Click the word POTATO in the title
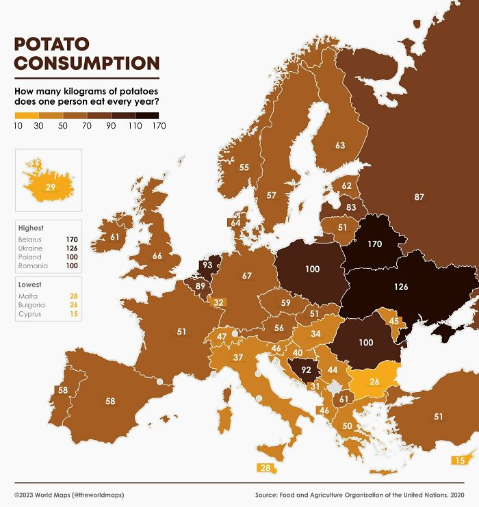(x=52, y=44)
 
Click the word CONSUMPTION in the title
(x=87, y=64)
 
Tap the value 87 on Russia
(x=419, y=197)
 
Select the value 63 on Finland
(x=340, y=145)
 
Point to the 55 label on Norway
(x=244, y=168)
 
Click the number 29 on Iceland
(x=51, y=187)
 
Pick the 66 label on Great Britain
(x=157, y=256)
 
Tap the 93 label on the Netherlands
(x=207, y=265)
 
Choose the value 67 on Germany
(x=247, y=276)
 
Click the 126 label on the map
(x=401, y=287)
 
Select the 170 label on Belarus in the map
(x=374, y=243)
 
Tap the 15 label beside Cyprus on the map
(x=460, y=460)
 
